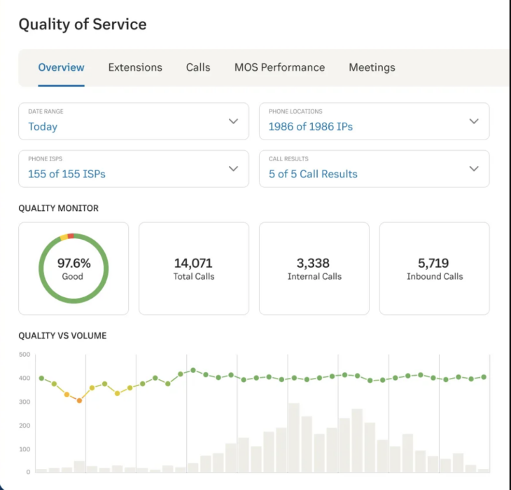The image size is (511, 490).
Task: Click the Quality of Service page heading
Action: click(83, 25)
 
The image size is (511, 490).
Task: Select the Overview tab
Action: click(61, 67)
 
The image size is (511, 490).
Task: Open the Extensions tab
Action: click(135, 67)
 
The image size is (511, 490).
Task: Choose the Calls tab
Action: click(198, 67)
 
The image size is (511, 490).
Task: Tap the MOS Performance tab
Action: click(279, 67)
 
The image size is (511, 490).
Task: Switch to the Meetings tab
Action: click(372, 67)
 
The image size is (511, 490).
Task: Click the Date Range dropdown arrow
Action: click(233, 121)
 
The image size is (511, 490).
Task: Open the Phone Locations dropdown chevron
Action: click(474, 121)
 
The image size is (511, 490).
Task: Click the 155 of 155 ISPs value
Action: click(66, 174)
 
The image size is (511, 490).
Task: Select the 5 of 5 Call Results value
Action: click(313, 174)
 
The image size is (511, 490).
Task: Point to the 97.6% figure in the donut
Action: click(73, 264)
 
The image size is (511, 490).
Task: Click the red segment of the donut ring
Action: click(71, 236)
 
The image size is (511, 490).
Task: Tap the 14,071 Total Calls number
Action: click(193, 264)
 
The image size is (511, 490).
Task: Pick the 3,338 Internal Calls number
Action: click(314, 264)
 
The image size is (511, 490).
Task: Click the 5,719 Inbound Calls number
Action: click(434, 264)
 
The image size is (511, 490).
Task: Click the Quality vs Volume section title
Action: click(62, 336)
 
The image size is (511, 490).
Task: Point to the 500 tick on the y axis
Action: click(24, 355)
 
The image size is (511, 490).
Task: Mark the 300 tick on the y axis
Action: click(24, 402)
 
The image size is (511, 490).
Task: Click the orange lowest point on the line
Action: click(79, 400)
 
